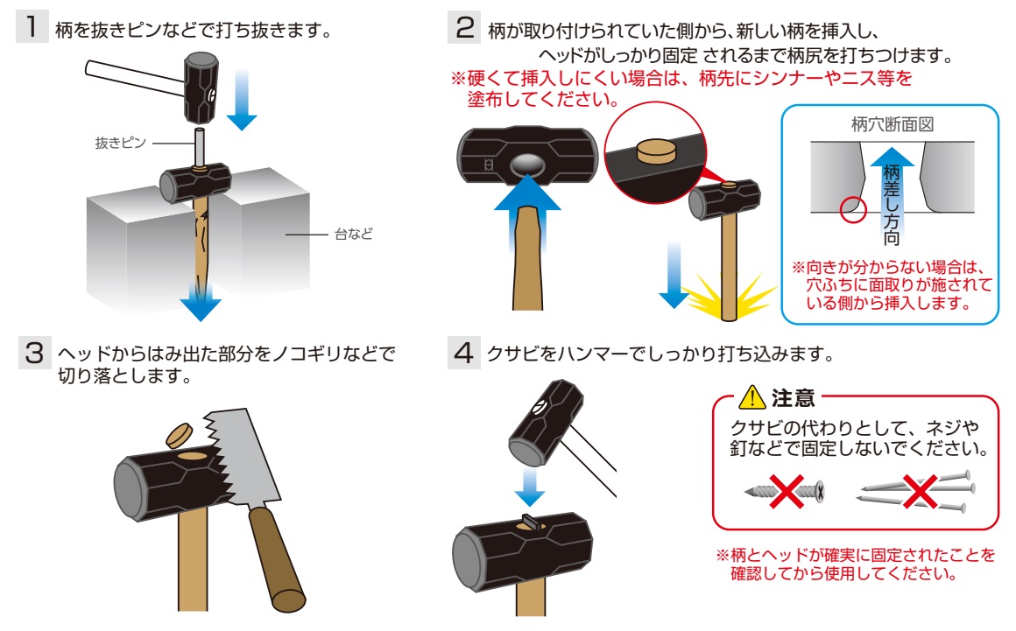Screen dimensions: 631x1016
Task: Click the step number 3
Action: click(x=32, y=354)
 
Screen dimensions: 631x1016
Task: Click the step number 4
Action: click(x=462, y=354)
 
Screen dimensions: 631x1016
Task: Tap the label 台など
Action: click(x=354, y=234)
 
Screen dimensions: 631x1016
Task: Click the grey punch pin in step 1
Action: click(x=199, y=147)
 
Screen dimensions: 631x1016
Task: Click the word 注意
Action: click(x=794, y=400)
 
